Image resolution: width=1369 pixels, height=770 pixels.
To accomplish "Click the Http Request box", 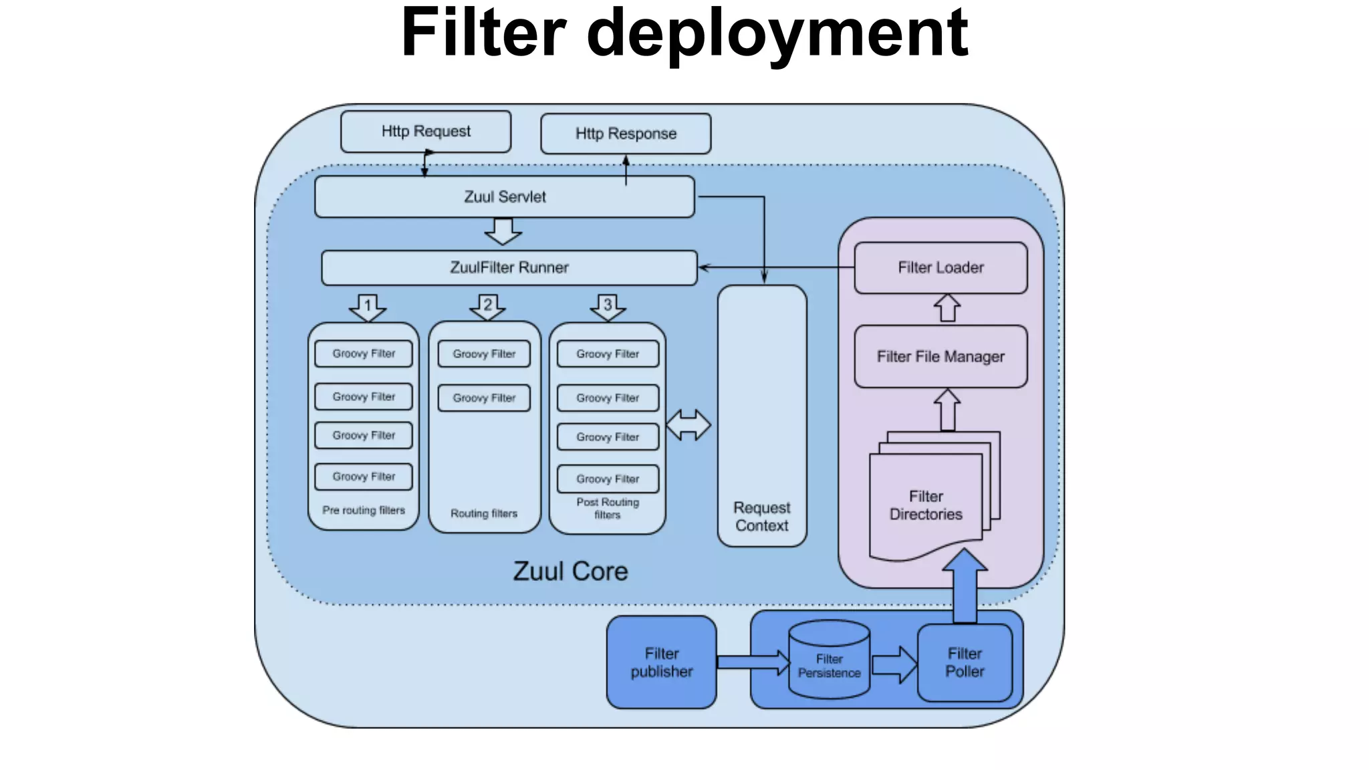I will pos(426,132).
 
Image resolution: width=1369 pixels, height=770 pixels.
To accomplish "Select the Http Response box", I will pos(626,134).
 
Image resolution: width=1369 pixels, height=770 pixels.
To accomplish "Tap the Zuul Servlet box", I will pos(505,197).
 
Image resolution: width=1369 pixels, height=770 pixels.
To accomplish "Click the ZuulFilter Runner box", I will pos(509,268).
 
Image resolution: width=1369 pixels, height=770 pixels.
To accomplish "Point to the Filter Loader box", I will pos(941,268).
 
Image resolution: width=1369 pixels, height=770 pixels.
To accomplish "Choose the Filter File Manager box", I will pos(941,357).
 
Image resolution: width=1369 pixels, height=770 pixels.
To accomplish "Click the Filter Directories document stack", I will pos(926,505).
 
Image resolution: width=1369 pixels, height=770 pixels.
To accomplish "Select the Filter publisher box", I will pos(661,662).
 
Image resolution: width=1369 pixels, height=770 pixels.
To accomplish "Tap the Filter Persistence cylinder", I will pos(829,662).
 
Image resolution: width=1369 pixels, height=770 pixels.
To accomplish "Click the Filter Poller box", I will pos(965,662).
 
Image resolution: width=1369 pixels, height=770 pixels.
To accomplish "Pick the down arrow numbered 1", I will pos(368,307).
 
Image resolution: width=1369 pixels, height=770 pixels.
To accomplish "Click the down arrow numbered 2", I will pos(487,307).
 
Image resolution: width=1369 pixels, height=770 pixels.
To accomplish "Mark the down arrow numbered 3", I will pos(608,307).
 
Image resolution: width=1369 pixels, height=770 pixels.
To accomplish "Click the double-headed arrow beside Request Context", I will pos(689,425).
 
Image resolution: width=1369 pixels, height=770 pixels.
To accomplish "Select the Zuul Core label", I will pos(570,571).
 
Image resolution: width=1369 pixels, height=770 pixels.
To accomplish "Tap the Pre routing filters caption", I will pos(364,510).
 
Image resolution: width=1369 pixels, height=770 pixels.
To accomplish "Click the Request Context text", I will pos(762,517).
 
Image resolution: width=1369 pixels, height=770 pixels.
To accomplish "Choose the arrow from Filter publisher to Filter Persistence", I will pos(753,662).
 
